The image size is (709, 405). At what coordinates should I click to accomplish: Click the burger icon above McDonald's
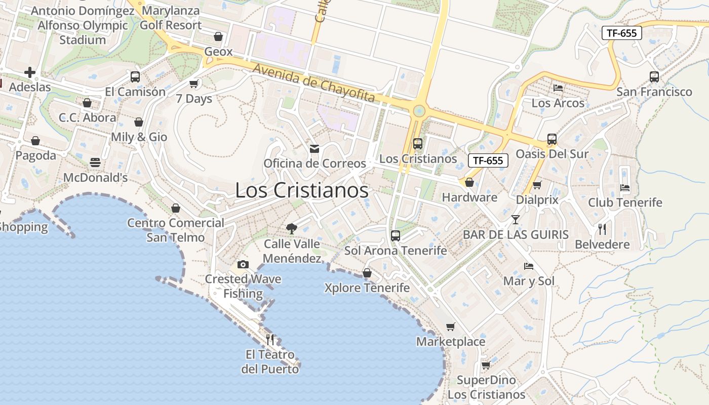(x=95, y=163)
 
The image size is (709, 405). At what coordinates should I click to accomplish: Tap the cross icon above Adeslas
(x=30, y=72)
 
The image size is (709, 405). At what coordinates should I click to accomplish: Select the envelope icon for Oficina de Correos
(x=314, y=148)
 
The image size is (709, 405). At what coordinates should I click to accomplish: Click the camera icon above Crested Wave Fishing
(x=243, y=264)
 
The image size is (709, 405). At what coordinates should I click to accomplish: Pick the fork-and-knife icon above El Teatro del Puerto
(x=270, y=339)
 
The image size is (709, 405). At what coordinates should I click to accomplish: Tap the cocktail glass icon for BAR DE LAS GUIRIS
(x=516, y=220)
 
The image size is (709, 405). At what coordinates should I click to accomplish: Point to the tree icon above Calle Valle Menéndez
(x=291, y=229)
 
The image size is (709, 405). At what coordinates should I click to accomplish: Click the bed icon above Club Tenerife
(x=625, y=187)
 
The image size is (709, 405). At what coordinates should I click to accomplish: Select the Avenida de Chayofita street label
(x=314, y=83)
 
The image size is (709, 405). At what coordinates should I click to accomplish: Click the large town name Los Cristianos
(x=302, y=190)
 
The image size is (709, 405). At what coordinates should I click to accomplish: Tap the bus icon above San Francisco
(x=654, y=77)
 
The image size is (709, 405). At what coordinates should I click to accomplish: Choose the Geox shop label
(x=218, y=52)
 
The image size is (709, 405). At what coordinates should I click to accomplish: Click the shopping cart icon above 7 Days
(x=193, y=84)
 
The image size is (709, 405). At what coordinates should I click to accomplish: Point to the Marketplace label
(x=451, y=342)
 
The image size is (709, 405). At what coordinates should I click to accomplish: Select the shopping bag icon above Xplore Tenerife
(x=367, y=273)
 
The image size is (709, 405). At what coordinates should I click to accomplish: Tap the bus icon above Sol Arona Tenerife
(x=396, y=235)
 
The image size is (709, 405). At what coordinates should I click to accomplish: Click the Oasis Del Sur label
(x=552, y=154)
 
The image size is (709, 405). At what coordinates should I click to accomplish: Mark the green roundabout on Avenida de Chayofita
(x=418, y=111)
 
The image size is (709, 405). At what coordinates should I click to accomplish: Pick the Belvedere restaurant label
(x=602, y=245)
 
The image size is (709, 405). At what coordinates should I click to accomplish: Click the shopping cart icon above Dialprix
(x=537, y=185)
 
